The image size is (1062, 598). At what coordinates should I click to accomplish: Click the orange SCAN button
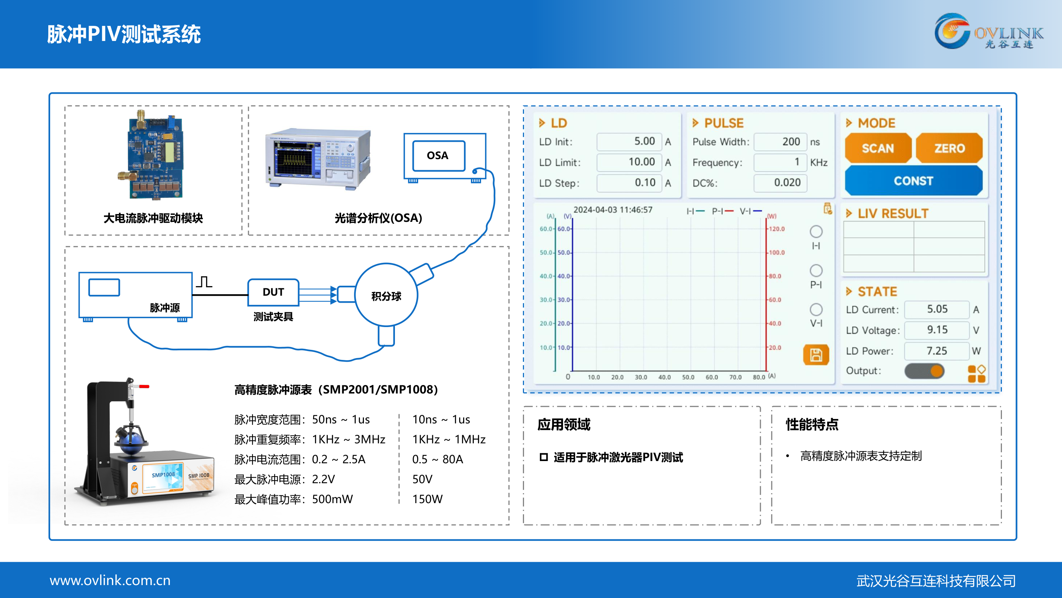point(878,148)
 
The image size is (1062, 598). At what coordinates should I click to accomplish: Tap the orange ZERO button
point(949,148)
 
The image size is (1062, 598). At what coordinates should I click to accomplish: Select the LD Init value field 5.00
point(629,141)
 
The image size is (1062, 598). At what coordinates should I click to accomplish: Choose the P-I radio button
point(816,271)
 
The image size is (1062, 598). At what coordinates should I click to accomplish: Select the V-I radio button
point(816,310)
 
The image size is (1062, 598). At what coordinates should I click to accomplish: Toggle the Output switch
point(924,371)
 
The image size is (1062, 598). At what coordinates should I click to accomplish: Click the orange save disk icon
point(816,354)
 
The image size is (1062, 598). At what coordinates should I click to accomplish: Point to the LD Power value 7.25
point(936,351)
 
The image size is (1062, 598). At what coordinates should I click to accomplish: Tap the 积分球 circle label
point(386,296)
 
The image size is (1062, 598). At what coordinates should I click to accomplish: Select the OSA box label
point(438,155)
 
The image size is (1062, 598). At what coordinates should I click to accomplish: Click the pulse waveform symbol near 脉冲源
point(204,282)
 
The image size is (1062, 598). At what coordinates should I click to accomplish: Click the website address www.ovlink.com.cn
point(110,580)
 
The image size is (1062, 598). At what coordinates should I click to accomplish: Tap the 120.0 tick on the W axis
point(777,228)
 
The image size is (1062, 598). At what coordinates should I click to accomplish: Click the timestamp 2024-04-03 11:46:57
point(612,210)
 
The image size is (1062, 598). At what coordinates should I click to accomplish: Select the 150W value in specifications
point(427,499)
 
